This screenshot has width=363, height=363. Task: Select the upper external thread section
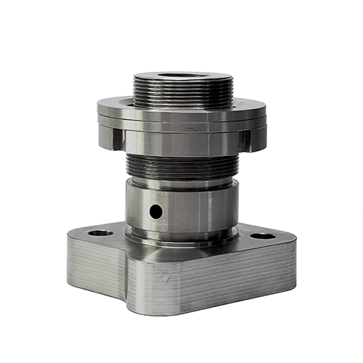[183, 93]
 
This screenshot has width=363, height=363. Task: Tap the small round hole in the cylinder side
[156, 211]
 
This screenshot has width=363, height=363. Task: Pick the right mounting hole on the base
[263, 236]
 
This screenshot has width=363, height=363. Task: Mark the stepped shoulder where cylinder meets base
[181, 239]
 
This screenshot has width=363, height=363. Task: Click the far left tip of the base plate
[68, 240]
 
